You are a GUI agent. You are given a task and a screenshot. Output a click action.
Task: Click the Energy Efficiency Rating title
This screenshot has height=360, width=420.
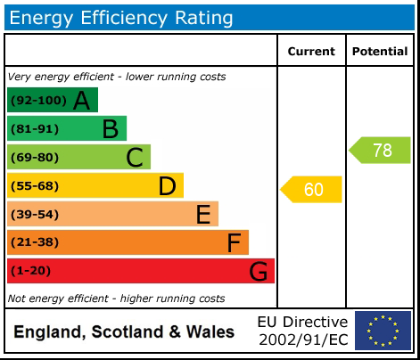click(121, 17)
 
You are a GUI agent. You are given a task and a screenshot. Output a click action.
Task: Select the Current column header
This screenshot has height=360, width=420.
click(311, 52)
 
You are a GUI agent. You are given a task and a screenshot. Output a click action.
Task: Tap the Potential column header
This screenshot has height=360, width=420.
click(380, 52)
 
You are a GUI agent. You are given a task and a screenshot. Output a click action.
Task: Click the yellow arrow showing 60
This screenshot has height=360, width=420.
click(312, 189)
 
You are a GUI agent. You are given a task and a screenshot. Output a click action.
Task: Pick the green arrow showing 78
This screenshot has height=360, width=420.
click(380, 151)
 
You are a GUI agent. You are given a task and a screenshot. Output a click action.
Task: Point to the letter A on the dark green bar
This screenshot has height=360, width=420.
click(81, 101)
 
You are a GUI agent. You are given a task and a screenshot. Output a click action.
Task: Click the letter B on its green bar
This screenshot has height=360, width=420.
click(110, 129)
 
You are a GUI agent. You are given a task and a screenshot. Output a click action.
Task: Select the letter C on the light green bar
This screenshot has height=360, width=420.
click(135, 158)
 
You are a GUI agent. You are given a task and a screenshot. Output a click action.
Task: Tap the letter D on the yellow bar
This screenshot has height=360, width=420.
click(167, 186)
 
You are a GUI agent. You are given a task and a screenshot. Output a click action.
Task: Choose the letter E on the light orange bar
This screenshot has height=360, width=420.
click(203, 215)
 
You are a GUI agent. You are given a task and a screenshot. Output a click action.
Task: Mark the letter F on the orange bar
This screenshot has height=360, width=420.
click(234, 242)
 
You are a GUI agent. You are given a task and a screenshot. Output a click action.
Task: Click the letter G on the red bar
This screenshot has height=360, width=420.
click(258, 271)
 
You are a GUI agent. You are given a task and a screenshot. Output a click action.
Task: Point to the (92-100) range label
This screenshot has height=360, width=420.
click(37, 101)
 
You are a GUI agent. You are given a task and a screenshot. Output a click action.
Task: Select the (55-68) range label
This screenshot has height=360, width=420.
click(35, 186)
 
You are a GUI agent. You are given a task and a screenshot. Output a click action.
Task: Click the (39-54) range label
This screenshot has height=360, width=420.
click(35, 215)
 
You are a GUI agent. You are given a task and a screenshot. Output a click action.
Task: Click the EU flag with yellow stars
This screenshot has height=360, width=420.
click(383, 331)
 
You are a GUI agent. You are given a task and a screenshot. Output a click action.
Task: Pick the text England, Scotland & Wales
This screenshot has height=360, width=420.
click(124, 332)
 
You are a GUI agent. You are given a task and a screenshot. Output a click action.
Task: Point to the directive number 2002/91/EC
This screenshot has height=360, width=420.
click(302, 340)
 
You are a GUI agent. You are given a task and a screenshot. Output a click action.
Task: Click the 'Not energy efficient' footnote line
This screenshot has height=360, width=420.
click(116, 299)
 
